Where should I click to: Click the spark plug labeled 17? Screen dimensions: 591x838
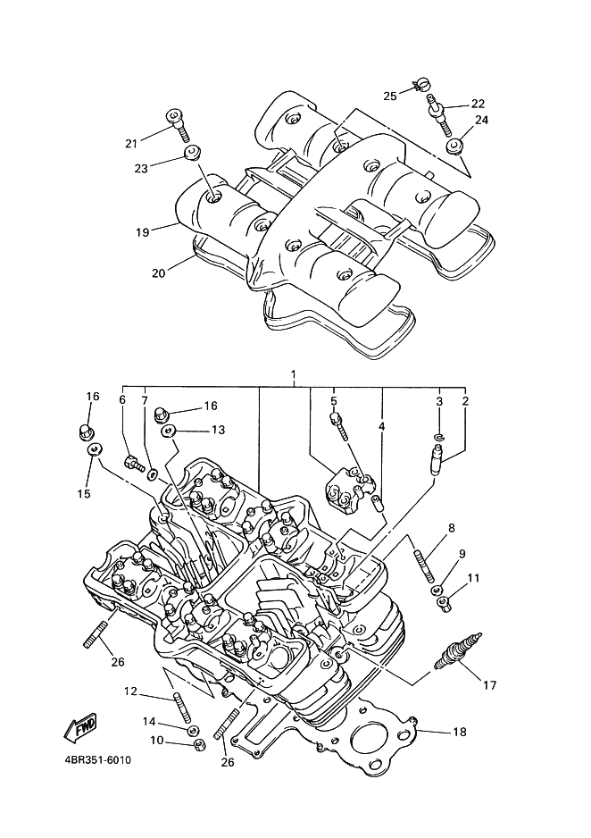[458, 651]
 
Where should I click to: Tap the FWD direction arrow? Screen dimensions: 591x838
[79, 728]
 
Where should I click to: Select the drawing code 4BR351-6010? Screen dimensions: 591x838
[97, 760]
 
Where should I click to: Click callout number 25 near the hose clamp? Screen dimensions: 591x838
[390, 96]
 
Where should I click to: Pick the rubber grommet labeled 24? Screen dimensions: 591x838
[455, 146]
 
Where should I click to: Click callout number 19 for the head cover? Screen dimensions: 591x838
[143, 232]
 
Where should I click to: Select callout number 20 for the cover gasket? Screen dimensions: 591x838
[159, 272]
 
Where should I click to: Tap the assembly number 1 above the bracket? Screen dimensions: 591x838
[293, 374]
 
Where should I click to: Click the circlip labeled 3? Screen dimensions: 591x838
[440, 438]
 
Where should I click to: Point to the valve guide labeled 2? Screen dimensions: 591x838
[434, 460]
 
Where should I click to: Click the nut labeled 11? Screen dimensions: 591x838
[445, 604]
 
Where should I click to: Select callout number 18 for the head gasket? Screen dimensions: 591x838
[460, 732]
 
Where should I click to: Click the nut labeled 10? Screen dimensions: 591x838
[197, 743]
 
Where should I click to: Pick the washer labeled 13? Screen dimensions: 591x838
[170, 431]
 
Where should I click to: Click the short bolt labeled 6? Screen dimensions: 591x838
[134, 462]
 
